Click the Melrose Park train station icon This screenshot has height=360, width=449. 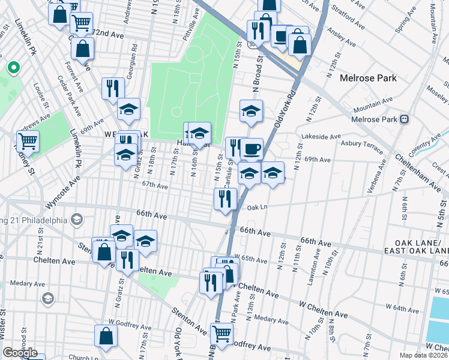click(405, 119)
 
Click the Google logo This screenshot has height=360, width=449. click(20, 353)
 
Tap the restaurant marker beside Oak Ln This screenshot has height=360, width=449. click(225, 199)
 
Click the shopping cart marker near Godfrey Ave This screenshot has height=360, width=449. click(221, 334)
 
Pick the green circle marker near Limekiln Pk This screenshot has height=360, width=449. click(11, 68)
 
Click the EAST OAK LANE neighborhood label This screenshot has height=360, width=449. click(420, 250)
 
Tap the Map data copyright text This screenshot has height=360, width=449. click(424, 355)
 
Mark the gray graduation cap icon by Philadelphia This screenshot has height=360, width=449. click(76, 220)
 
